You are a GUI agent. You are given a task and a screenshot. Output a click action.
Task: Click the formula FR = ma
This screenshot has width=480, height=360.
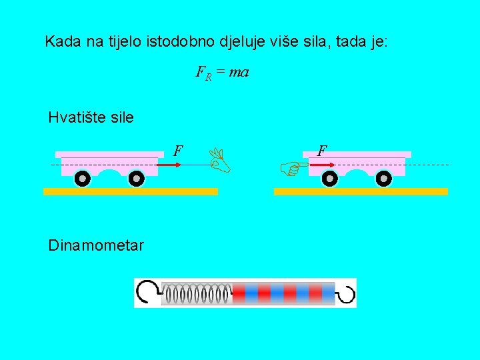click(222, 72)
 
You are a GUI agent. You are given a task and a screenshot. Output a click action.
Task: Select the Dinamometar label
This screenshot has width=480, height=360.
click(95, 245)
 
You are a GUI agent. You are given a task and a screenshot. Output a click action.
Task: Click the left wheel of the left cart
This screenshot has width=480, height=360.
click(82, 179)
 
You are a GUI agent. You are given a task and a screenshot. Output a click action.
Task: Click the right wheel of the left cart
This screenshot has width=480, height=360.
click(136, 179)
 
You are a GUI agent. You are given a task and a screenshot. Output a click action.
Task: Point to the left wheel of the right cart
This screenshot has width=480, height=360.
click(329, 179)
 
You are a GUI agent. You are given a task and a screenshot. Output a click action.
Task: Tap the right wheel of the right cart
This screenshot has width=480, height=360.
click(384, 179)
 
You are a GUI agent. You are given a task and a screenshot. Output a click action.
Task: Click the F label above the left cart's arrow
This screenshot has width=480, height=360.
click(178, 151)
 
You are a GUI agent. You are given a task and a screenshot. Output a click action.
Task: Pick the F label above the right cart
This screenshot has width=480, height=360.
click(322, 151)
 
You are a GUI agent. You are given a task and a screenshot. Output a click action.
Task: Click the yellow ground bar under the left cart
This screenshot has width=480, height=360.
click(131, 191)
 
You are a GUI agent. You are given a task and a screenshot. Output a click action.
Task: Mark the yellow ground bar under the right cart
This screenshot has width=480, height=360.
click(361, 191)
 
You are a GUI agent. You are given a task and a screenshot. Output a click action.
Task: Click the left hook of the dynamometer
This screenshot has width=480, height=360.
click(147, 291)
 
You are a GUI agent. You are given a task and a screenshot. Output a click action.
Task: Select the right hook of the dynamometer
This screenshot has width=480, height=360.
click(347, 293)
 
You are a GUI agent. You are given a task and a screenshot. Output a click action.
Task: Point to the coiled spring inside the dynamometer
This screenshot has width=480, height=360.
click(197, 293)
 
